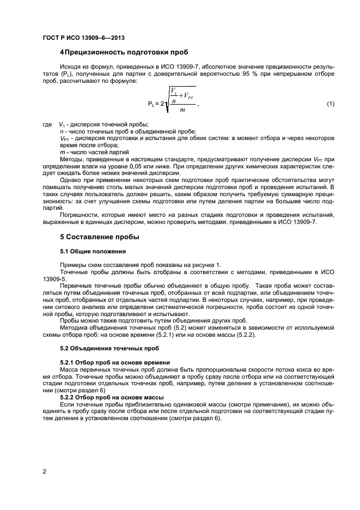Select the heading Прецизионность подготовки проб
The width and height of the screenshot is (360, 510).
(126, 52)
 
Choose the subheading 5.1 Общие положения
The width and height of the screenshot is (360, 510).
(93, 251)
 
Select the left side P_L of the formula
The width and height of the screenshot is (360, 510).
(151, 104)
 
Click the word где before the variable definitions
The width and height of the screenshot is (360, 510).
(47, 125)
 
